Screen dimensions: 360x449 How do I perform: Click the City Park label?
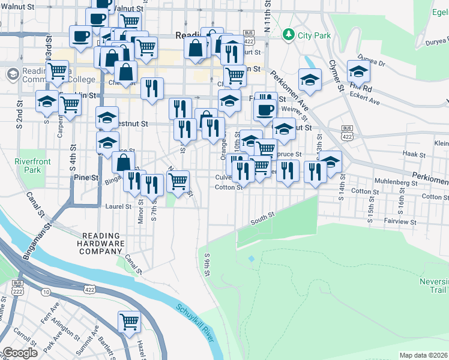[314, 35]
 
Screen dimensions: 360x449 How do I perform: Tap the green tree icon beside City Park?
[289, 34]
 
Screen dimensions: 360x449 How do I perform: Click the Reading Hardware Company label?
[101, 244]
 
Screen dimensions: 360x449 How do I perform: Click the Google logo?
[20, 353]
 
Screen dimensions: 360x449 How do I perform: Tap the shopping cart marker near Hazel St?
[129, 322]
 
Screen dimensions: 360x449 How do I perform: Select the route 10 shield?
[46, 292]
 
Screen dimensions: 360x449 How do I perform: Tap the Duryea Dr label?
[371, 61]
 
